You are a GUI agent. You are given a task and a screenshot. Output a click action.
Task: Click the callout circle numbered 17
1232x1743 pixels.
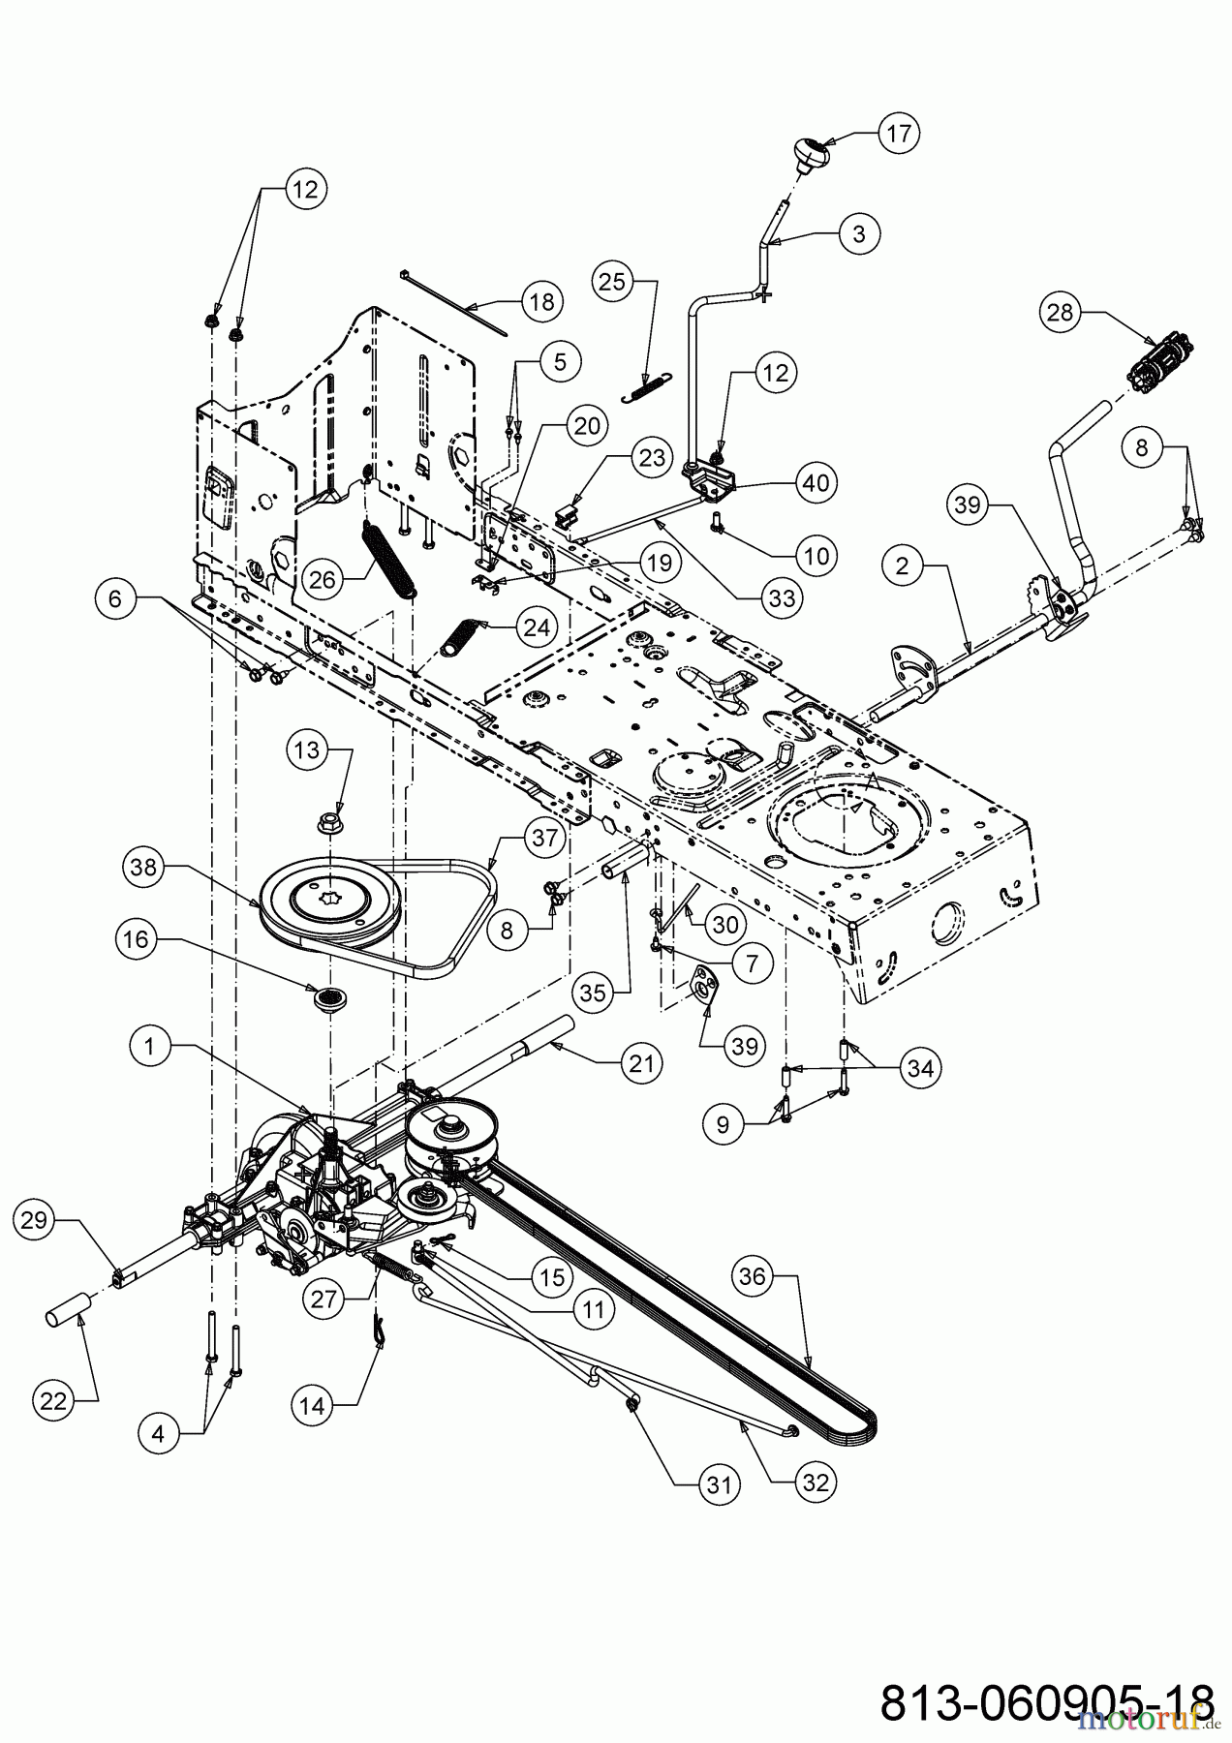click(899, 132)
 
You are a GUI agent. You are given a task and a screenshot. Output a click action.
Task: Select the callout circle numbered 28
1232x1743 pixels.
click(1063, 312)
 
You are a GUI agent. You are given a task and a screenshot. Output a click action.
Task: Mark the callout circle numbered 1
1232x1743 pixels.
click(151, 1046)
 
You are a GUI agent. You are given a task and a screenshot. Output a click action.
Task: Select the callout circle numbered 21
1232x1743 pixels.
click(641, 1062)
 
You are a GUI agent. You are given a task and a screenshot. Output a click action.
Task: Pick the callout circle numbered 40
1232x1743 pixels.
click(816, 481)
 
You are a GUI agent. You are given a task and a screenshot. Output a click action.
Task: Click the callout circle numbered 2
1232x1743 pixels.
click(903, 566)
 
